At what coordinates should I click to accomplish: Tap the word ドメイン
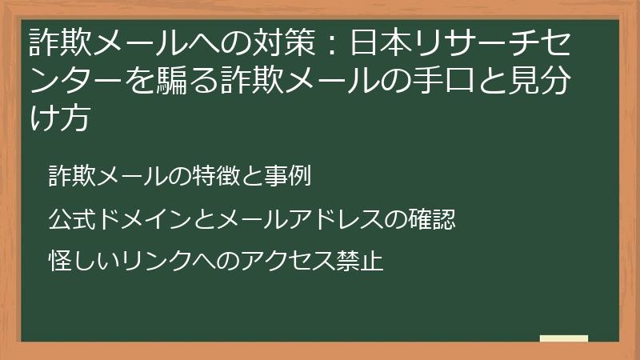[142, 219]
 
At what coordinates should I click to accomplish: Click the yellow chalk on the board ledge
[563, 338]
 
